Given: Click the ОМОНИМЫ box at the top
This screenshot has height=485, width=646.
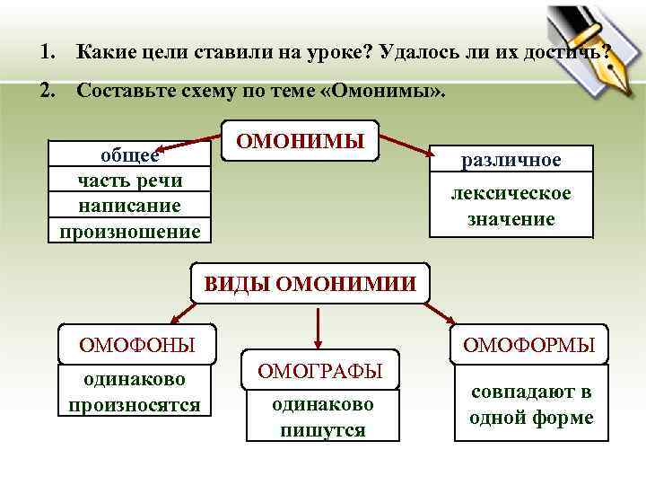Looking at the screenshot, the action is point(301,141).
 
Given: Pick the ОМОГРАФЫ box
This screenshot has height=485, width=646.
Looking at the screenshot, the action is point(320,370).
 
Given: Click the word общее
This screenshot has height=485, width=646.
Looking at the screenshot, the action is point(129,154).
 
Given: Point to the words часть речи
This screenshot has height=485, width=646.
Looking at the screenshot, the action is point(129,181).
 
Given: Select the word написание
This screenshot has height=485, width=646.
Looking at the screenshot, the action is point(129,206).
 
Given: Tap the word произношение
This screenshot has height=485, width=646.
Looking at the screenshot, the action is point(129,231).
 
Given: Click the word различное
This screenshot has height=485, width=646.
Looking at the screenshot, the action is point(511,160).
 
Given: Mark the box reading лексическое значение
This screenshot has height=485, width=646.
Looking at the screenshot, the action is point(511,207).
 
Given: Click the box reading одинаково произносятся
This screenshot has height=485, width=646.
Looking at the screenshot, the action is point(135,392).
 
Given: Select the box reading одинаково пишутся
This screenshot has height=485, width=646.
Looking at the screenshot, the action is point(323,417).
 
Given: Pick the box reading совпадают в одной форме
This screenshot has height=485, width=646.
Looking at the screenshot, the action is point(531,404).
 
